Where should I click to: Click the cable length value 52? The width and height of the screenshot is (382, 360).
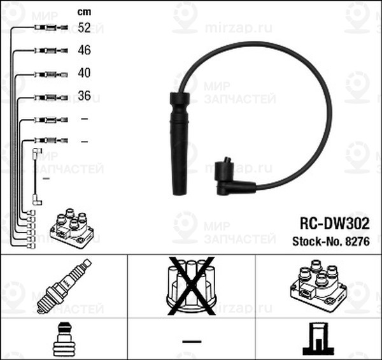[x=83, y=27]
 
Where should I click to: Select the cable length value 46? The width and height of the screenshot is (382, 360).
[x=83, y=50]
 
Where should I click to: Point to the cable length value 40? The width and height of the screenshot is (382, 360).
[x=83, y=73]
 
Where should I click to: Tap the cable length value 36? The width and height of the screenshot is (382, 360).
[x=83, y=96]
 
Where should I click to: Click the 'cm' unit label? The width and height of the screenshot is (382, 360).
[x=83, y=11]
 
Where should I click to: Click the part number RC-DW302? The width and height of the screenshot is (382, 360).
[x=334, y=224]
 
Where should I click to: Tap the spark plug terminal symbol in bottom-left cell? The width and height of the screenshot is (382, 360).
[x=62, y=338]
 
